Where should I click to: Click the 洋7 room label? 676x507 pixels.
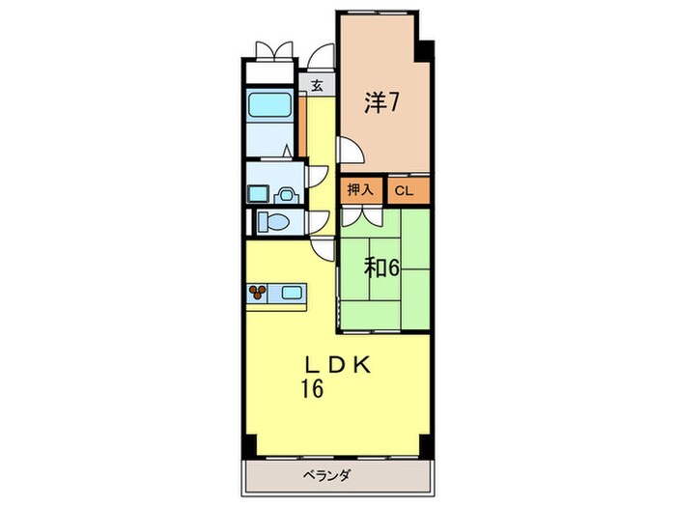(380, 103)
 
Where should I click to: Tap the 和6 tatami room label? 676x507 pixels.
(381, 268)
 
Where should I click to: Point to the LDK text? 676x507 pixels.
(338, 366)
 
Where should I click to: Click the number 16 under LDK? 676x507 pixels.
(313, 390)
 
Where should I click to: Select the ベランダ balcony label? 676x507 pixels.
(326, 477)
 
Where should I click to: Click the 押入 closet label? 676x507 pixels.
(360, 190)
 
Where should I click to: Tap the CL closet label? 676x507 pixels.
(404, 191)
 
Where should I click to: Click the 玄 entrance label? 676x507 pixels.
(317, 86)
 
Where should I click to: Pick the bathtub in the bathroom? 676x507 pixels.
(269, 104)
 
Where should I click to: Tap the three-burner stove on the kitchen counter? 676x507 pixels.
(258, 293)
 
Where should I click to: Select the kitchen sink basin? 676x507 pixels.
(292, 293)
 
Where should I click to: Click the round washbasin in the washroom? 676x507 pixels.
(287, 195)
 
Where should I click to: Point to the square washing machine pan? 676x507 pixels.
(258, 193)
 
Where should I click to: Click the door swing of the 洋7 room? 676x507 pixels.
(351, 150)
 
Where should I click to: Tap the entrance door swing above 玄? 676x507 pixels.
(322, 56)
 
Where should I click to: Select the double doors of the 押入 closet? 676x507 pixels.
(362, 217)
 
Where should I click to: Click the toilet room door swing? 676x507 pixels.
(319, 221)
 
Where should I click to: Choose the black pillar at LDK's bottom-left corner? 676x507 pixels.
(249, 445)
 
